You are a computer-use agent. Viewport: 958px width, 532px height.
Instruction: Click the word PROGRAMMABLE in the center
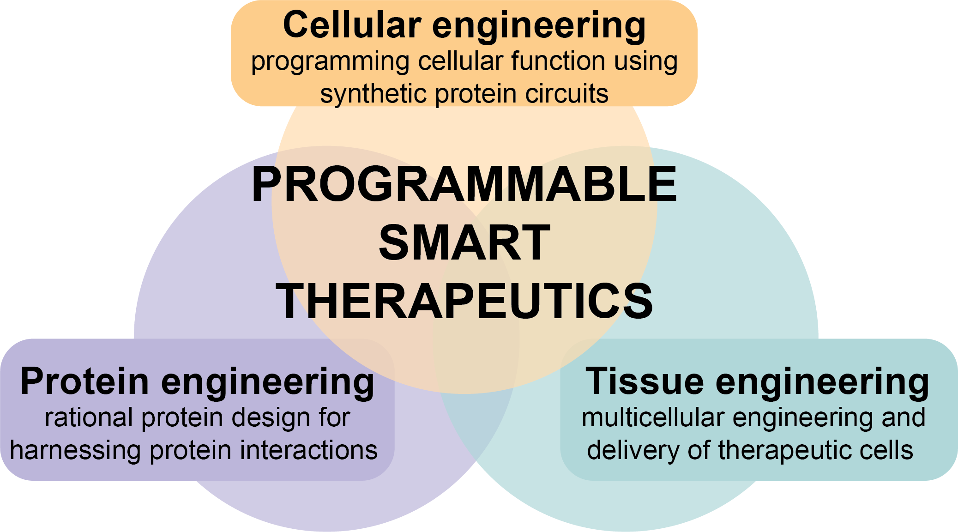tap(464, 185)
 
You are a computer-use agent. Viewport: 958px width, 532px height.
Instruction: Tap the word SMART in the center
tap(464, 243)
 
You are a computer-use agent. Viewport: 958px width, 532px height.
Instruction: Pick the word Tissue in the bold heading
tap(644, 381)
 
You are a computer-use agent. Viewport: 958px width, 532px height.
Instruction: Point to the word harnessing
tap(75, 451)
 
